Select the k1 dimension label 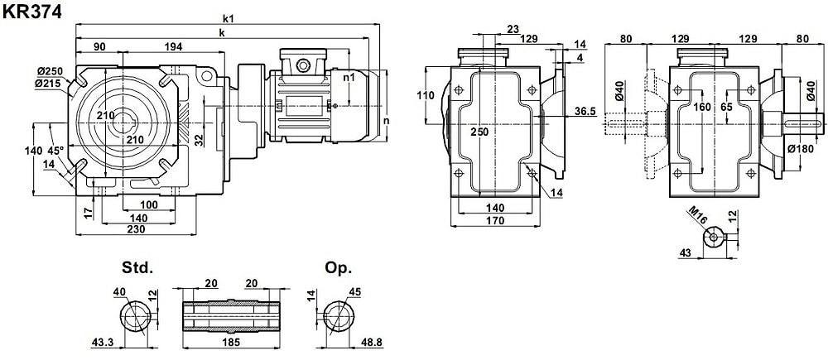pyautogui.click(x=228, y=17)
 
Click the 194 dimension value pyautogui.click(x=173, y=47)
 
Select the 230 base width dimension pyautogui.click(x=138, y=229)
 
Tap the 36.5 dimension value pyautogui.click(x=585, y=111)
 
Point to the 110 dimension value pyautogui.click(x=425, y=95)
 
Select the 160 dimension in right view pyautogui.click(x=702, y=107)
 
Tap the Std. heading pyautogui.click(x=137, y=268)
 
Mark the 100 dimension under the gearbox pyautogui.click(x=149, y=204)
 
